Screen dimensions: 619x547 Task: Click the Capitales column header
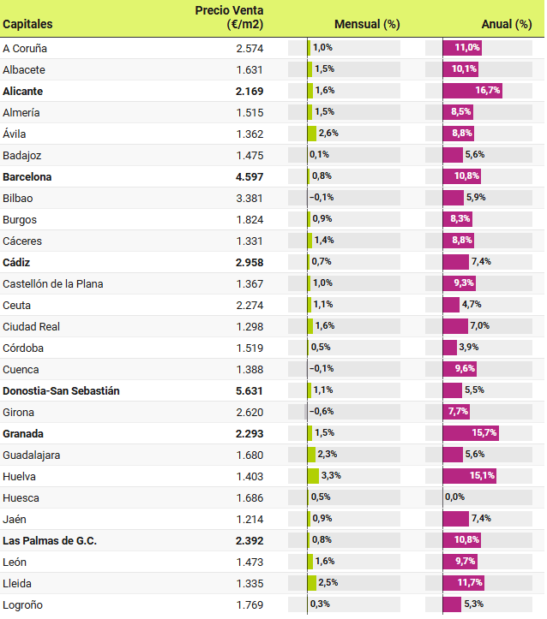coord(27,24)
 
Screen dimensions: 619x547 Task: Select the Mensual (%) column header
coord(367,24)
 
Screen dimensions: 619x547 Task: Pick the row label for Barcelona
coord(27,176)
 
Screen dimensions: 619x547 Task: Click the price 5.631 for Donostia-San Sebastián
coord(249,390)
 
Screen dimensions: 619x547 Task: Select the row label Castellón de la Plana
coord(57,283)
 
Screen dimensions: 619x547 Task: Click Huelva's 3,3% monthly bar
coord(314,476)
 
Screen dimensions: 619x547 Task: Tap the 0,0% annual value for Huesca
coord(454,497)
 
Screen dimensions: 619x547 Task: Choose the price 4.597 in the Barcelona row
coord(249,176)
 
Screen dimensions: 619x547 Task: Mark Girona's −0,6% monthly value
coord(322,412)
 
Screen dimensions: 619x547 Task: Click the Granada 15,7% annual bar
coord(471,433)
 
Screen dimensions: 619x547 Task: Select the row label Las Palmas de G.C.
coord(50,540)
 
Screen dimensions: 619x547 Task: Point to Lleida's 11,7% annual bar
coord(464,583)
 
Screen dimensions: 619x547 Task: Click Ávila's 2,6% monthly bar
coord(312,134)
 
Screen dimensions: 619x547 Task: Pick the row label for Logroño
coord(23,604)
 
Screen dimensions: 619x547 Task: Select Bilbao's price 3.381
coord(249,198)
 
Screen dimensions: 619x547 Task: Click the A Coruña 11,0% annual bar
coord(462,48)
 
